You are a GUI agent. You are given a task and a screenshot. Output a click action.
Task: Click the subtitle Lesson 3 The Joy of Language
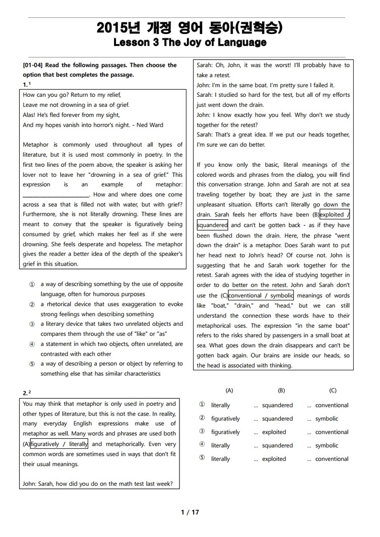[x=190, y=43]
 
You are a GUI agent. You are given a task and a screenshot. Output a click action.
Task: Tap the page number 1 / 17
[x=190, y=512]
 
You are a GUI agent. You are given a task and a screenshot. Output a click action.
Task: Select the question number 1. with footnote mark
[x=27, y=84]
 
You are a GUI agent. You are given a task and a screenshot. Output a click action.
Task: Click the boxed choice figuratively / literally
[x=59, y=444]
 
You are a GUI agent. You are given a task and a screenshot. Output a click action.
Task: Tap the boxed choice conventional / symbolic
[x=261, y=295]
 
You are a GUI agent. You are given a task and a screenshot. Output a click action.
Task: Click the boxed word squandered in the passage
[x=212, y=225]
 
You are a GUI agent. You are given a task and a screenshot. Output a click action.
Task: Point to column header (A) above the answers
[x=229, y=391]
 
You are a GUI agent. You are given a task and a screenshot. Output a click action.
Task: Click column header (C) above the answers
[x=332, y=391]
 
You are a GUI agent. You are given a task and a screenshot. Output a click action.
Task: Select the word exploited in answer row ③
[x=274, y=432]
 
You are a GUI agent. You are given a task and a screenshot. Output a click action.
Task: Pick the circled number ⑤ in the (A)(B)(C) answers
[x=202, y=458]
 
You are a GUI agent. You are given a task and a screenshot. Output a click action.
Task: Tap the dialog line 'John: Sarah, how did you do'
[x=98, y=484]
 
